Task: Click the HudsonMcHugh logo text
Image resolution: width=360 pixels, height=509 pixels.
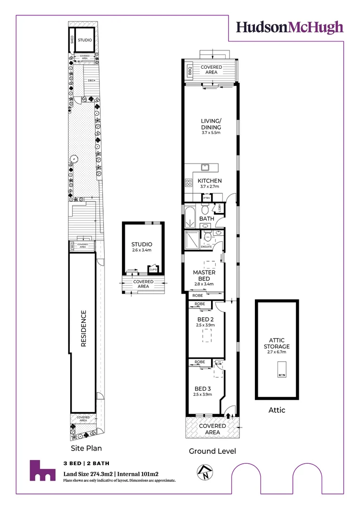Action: point(289,27)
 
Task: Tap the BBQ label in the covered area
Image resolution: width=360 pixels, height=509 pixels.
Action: point(190,72)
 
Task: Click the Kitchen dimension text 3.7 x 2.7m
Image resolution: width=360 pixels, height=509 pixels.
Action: point(210,187)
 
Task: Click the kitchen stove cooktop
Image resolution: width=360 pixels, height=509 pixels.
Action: point(188,183)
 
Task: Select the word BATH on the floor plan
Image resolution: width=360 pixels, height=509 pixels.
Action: point(206,219)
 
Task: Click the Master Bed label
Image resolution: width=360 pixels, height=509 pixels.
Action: point(205,275)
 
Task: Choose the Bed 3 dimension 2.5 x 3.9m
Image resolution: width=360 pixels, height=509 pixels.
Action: point(203,394)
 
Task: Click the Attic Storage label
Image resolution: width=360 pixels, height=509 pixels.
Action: point(277,343)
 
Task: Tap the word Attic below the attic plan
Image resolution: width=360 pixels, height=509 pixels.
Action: point(277,410)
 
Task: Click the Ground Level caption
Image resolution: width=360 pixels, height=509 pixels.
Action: point(212,451)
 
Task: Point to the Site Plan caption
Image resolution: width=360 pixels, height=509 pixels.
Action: point(86,448)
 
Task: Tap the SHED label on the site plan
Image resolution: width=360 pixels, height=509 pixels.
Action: point(72,40)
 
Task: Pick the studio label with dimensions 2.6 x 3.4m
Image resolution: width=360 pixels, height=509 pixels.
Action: point(142,247)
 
